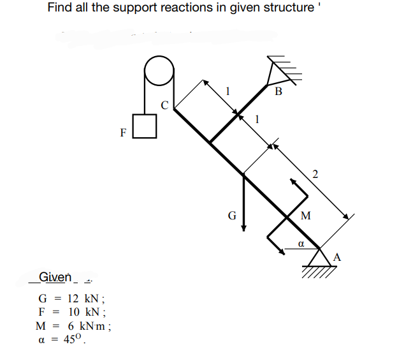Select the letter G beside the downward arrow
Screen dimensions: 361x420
[231, 216]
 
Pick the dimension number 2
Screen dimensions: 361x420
[315, 174]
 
